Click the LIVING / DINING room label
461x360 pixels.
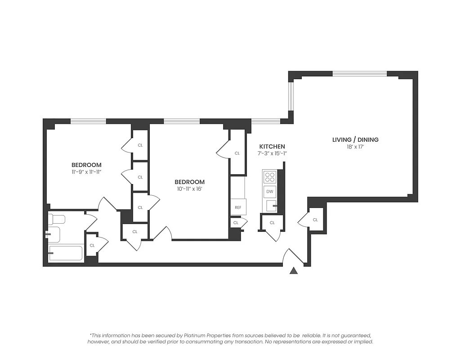355,139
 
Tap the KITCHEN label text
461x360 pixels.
272,147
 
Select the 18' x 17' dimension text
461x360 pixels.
355,147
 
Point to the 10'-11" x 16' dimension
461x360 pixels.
189,189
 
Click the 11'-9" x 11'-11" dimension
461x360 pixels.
86,172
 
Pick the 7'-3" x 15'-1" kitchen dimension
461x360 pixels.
272,154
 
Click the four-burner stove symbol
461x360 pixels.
270,177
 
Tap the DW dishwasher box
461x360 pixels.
270,192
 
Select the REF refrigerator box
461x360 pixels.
238,207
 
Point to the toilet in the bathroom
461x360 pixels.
57,220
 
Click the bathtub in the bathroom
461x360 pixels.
66,253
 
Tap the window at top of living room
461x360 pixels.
359,73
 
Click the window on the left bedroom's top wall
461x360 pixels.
88,121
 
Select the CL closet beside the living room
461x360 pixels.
315,220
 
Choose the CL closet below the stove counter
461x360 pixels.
272,223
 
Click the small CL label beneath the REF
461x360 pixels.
236,223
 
